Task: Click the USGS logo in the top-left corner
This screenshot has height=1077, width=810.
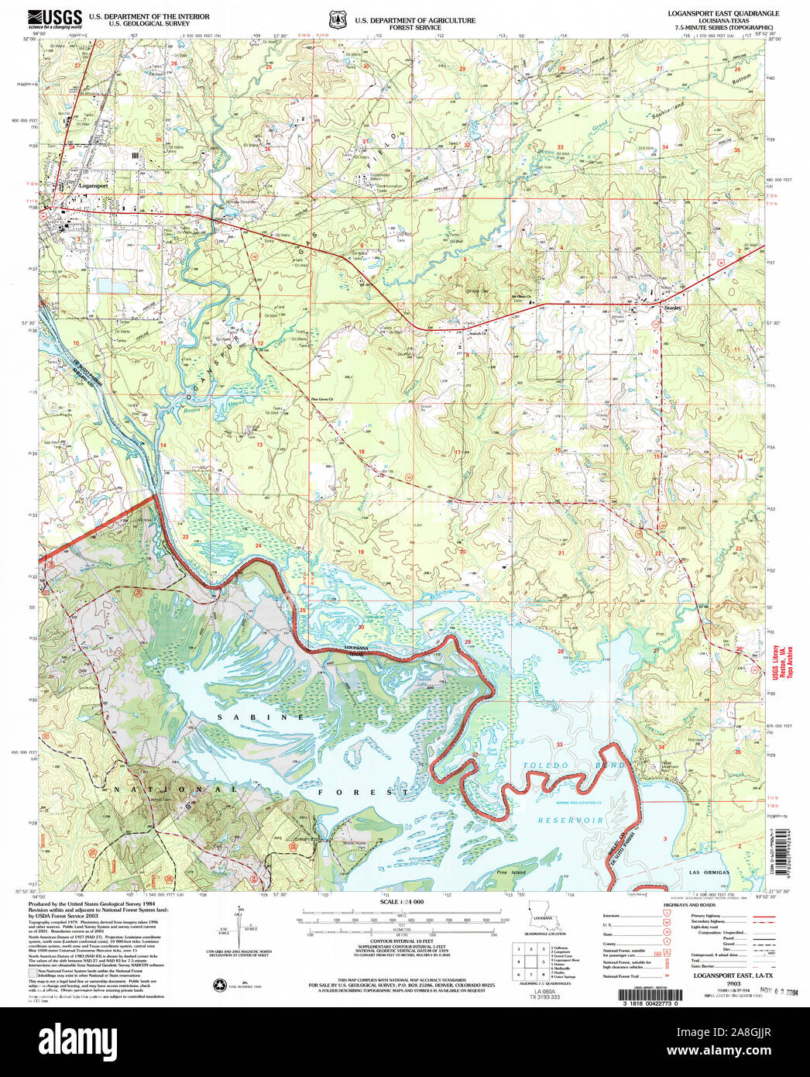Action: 55,19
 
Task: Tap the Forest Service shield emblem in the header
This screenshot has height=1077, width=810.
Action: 335,19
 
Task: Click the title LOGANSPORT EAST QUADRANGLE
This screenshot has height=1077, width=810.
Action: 723,14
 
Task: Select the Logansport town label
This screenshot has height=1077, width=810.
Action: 93,186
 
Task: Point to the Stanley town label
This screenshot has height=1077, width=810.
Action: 673,308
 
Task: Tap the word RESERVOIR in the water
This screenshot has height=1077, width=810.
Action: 571,820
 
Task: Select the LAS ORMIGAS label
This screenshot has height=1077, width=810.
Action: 709,872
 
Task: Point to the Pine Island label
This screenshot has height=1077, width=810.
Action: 511,872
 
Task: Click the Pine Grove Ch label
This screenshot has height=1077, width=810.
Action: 321,400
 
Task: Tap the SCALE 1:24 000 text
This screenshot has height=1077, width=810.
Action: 402,902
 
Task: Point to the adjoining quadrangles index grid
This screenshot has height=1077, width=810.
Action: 530,960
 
